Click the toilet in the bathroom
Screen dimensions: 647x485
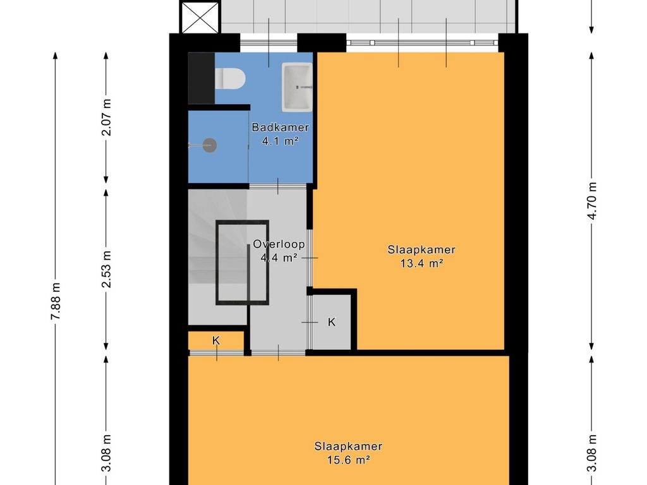pyautogui.click(x=230, y=78)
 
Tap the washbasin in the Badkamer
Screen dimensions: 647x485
pyautogui.click(x=297, y=87)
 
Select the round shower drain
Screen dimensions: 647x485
pyautogui.click(x=210, y=145)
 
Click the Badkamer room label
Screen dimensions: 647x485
pyautogui.click(x=280, y=128)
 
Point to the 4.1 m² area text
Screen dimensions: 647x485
pyautogui.click(x=280, y=141)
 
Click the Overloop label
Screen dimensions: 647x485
pyautogui.click(x=279, y=244)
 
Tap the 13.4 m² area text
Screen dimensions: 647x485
pyautogui.click(x=421, y=263)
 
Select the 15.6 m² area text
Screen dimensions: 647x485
pyautogui.click(x=349, y=460)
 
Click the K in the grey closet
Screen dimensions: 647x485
pyautogui.click(x=332, y=322)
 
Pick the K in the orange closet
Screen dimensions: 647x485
pyautogui.click(x=216, y=340)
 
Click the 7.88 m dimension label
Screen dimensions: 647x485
pyautogui.click(x=56, y=301)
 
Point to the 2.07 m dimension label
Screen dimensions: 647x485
pyautogui.click(x=106, y=117)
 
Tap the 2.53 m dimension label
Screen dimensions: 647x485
pyautogui.click(x=106, y=269)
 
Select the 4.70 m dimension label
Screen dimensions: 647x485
pyautogui.click(x=593, y=201)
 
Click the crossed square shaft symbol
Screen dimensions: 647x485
pyautogui.click(x=200, y=17)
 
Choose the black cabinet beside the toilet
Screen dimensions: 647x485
pyautogui.click(x=202, y=78)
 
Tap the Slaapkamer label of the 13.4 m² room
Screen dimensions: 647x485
pyautogui.click(x=421, y=249)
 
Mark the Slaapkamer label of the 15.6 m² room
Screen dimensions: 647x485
pyautogui.click(x=349, y=446)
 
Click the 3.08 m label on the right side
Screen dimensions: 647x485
pyautogui.click(x=593, y=453)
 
